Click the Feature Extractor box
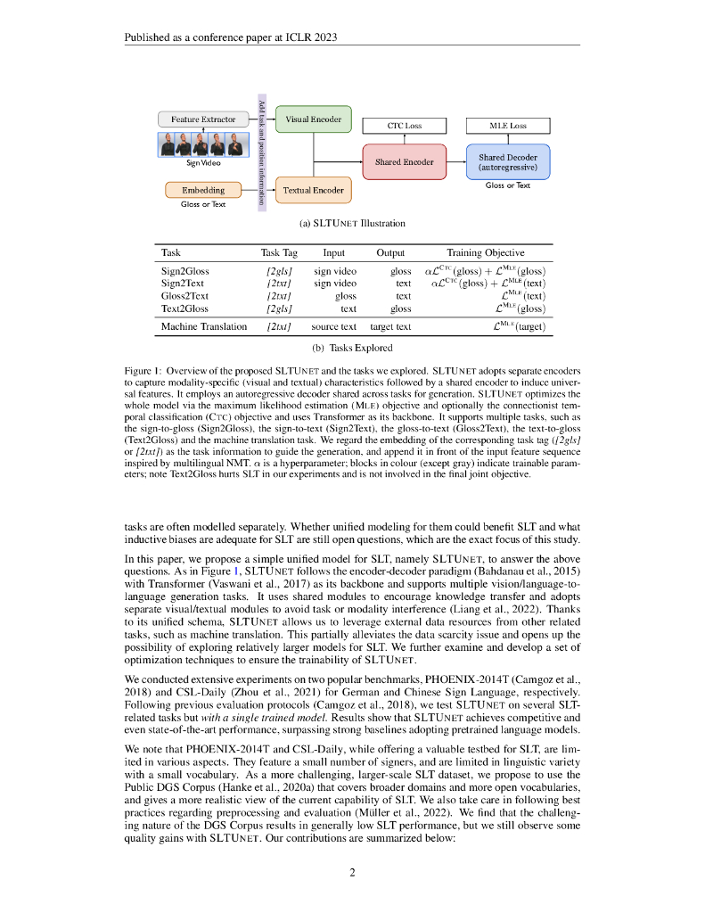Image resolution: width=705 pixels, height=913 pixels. tap(203, 119)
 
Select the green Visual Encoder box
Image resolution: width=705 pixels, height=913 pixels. tap(313, 119)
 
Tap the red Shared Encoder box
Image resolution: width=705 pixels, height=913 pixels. tap(404, 161)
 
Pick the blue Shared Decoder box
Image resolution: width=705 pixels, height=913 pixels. tap(508, 161)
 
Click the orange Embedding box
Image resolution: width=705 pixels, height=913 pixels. tap(203, 190)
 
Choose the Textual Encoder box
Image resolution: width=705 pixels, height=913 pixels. tap(313, 190)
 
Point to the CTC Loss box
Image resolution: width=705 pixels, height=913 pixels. tap(405, 126)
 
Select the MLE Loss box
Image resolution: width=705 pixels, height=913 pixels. tap(508, 126)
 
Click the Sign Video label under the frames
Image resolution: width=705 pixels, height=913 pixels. tap(203, 163)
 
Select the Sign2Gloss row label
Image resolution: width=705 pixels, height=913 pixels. tap(184, 271)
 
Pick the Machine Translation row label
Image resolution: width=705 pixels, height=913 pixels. tap(203, 326)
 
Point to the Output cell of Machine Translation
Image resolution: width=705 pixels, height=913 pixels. tap(390, 326)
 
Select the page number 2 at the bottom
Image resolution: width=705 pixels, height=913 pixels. tap(353, 872)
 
